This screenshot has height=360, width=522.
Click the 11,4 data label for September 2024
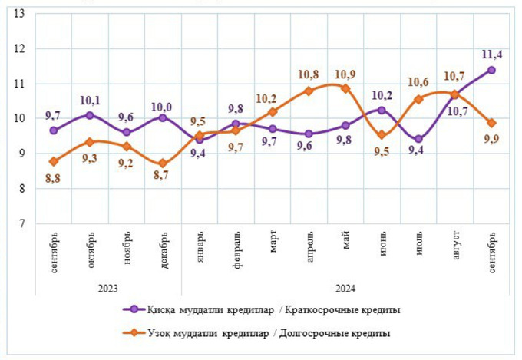(x=491, y=54)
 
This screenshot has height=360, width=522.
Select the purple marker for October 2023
(x=90, y=115)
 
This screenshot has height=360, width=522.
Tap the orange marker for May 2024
(x=345, y=88)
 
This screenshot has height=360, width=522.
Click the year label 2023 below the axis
(x=107, y=289)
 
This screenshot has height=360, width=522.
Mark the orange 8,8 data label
(x=51, y=179)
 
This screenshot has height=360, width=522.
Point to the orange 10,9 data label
(x=345, y=74)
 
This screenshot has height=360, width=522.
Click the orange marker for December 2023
(x=163, y=163)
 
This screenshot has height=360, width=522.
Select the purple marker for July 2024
(x=418, y=140)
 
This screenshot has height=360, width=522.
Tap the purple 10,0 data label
(x=161, y=103)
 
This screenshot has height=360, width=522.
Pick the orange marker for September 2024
(x=491, y=123)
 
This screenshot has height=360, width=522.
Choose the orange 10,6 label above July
(x=418, y=82)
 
